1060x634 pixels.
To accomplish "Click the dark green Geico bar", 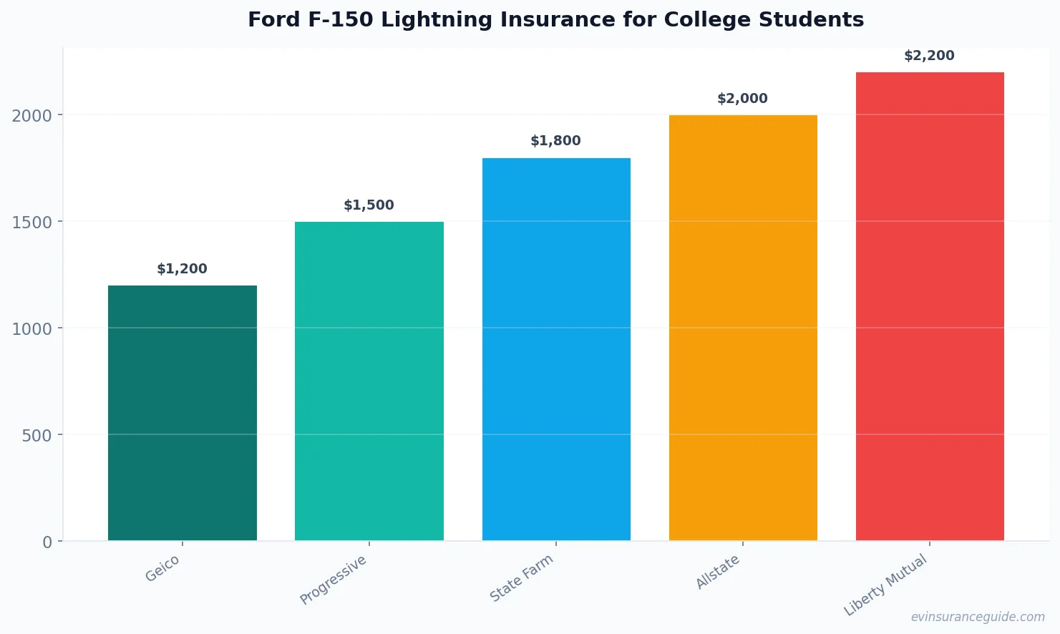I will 182,413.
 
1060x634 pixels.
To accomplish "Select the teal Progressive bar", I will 369,381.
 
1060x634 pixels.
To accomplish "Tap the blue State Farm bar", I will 556,349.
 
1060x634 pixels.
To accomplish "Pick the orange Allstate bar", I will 743,328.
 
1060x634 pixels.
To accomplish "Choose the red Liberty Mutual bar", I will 930,306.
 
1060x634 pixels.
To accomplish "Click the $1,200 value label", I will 182,269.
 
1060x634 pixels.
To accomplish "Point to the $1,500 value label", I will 369,205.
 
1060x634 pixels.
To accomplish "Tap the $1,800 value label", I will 555,141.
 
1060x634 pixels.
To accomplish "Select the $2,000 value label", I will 742,99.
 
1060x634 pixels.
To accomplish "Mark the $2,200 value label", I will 929,56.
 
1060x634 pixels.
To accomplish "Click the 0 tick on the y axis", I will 47,542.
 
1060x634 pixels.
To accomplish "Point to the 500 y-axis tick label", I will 37,436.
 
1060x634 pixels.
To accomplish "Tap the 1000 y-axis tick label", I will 31,329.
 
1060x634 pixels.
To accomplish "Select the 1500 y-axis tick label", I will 31,223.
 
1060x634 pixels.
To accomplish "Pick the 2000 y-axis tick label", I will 31,116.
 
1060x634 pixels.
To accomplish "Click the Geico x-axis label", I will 162,569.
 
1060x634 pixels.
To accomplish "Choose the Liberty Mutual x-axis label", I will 885,585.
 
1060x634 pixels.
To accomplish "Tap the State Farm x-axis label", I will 521,578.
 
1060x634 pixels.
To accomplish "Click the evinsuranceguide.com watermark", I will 978,617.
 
